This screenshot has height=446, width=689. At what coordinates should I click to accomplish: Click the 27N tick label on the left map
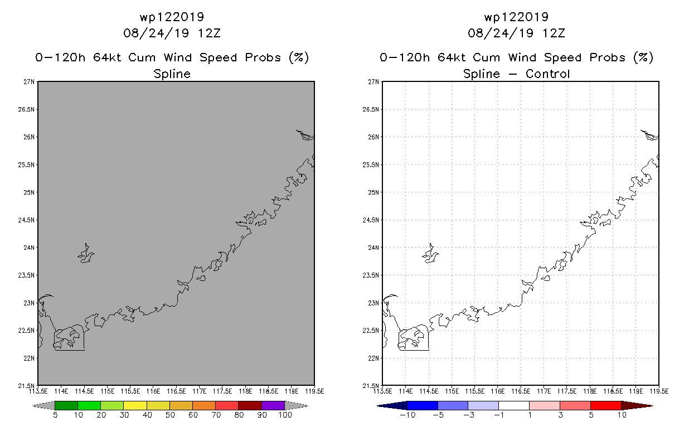[x=29, y=82]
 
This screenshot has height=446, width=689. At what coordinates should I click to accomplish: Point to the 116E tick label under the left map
[x=153, y=391]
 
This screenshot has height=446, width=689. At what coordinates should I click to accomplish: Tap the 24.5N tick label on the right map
[x=371, y=220]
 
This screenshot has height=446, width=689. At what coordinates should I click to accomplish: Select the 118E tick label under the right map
[x=590, y=391]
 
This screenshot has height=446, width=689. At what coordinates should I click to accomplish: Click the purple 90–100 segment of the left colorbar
[x=273, y=405]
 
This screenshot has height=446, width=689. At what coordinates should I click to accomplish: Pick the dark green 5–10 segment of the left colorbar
[x=66, y=405]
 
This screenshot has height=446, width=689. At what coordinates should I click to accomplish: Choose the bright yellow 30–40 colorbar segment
[x=135, y=405]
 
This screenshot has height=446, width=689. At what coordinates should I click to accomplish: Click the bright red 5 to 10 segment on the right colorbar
[x=606, y=405]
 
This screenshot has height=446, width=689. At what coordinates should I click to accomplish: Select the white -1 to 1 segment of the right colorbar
[x=514, y=405]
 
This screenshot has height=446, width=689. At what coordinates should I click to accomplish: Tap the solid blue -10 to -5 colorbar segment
[x=423, y=405]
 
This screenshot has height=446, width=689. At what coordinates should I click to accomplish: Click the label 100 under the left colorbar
[x=285, y=415]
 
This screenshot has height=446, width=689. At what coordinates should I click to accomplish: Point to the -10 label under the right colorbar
[x=407, y=415]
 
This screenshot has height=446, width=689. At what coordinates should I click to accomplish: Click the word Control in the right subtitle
[x=547, y=74]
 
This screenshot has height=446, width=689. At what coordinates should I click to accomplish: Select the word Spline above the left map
[x=172, y=74]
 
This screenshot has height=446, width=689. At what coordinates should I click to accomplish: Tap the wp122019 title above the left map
[x=172, y=17]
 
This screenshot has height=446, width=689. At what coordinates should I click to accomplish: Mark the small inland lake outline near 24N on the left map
[x=86, y=253]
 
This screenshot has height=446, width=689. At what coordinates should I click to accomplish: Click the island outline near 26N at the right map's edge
[x=649, y=135]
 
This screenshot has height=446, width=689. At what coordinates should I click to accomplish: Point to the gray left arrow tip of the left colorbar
[x=33, y=406]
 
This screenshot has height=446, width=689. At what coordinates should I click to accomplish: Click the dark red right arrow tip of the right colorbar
[x=652, y=406]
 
